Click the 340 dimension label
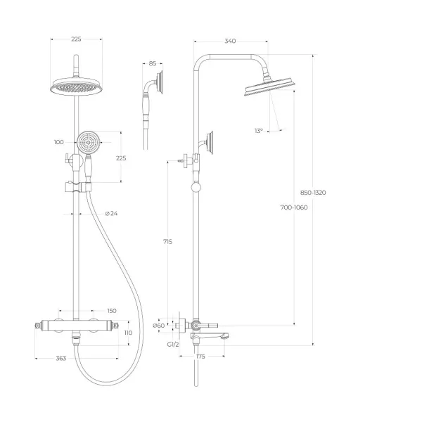(x=230, y=41)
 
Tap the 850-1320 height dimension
(x=313, y=193)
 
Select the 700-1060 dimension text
(x=294, y=207)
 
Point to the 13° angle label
(x=259, y=131)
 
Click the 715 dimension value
(x=167, y=242)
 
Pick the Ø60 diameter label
(x=158, y=326)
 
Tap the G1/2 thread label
(x=173, y=345)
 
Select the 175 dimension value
(x=200, y=357)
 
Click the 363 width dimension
(x=61, y=359)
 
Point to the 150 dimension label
(x=112, y=311)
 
